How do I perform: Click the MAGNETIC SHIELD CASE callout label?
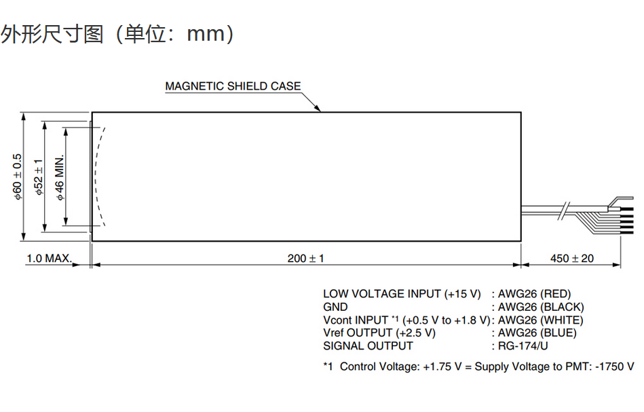[x=233, y=86]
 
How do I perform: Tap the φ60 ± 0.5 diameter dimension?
[x=18, y=176]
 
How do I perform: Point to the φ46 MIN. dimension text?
[x=60, y=176]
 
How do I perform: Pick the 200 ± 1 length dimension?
[x=305, y=259]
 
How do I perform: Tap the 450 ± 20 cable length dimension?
[x=571, y=259]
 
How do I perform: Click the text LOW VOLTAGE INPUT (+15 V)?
[x=402, y=294]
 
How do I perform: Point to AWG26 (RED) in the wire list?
[x=534, y=294]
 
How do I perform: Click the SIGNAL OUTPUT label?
[x=368, y=345]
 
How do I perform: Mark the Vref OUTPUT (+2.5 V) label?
[x=379, y=333]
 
